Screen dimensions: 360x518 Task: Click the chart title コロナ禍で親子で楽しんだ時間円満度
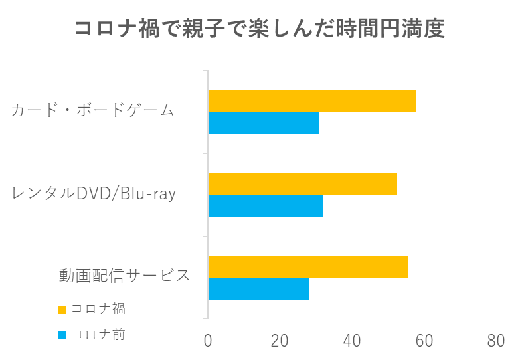click(259, 29)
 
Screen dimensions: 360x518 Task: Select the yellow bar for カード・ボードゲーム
click(312, 101)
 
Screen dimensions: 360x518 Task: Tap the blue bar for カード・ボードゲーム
click(263, 124)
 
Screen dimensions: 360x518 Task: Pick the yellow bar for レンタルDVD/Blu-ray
click(302, 184)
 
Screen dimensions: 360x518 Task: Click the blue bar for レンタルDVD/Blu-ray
click(265, 206)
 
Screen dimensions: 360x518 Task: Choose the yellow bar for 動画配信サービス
click(307, 266)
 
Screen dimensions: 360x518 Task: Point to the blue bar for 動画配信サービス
click(258, 289)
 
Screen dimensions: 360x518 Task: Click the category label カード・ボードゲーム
click(92, 110)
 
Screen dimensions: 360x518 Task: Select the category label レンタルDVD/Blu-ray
click(94, 193)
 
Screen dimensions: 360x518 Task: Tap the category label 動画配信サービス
click(124, 276)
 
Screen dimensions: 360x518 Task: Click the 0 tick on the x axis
click(208, 341)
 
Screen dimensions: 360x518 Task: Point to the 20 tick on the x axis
click(280, 341)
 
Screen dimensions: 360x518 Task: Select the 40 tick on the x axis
click(352, 341)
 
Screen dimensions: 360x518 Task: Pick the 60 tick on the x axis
click(424, 341)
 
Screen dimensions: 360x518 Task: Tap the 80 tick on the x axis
click(495, 341)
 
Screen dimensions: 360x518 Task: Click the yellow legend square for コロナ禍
click(62, 309)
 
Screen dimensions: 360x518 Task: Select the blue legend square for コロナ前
click(62, 335)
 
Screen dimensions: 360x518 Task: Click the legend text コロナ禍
click(98, 309)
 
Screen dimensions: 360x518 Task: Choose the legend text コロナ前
click(98, 335)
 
